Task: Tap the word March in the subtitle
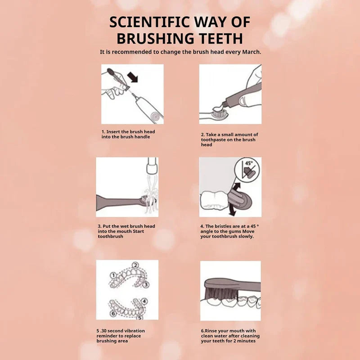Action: pos(252,52)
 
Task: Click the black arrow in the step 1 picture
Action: pos(133,77)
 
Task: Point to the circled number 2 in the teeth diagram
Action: pos(135,265)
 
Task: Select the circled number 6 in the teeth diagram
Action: pos(113,313)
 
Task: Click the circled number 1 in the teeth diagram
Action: pos(113,275)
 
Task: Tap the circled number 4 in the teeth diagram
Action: pos(144,301)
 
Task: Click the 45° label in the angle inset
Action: pos(248,163)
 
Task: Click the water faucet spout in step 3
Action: pos(152,166)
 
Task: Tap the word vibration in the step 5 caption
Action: pos(133,331)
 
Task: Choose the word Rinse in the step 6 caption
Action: pos(211,331)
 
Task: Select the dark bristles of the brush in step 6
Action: pos(221,294)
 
